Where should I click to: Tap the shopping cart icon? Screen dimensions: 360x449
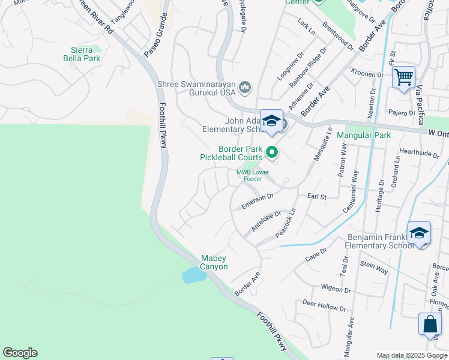pos(404,77)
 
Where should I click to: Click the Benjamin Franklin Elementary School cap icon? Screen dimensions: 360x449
pos(419,232)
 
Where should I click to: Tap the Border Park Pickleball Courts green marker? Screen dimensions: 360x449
pos(272,153)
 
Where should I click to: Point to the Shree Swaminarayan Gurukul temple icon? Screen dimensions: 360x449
pos(244,88)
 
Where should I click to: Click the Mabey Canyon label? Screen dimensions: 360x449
pos(214,262)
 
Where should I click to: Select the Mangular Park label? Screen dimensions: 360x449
pos(364,135)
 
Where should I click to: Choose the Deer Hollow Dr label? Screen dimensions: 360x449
pos(324,306)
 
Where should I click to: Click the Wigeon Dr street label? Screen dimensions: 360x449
pos(336,289)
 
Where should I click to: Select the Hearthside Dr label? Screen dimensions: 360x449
pos(419,153)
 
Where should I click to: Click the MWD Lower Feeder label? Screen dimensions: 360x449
pos(253,175)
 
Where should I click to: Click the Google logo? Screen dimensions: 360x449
pos(20,353)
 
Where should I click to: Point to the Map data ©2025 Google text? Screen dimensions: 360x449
pos(412,355)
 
